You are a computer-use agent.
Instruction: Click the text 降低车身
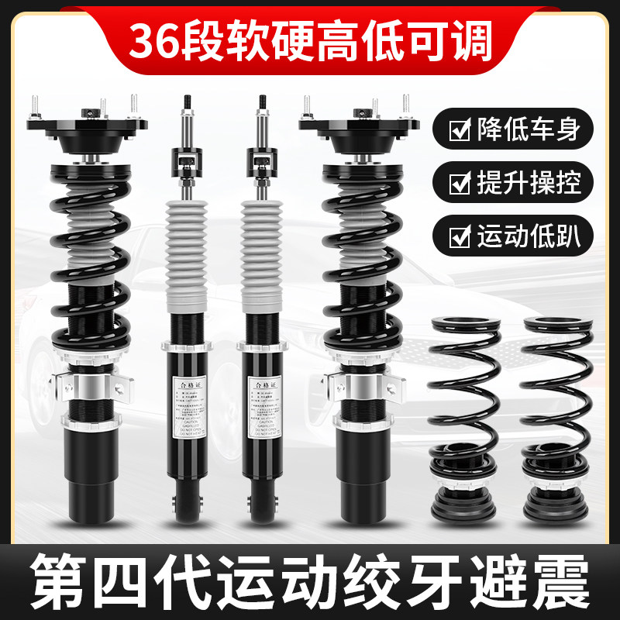[527, 129]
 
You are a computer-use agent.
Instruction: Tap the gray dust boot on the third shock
[263, 248]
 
